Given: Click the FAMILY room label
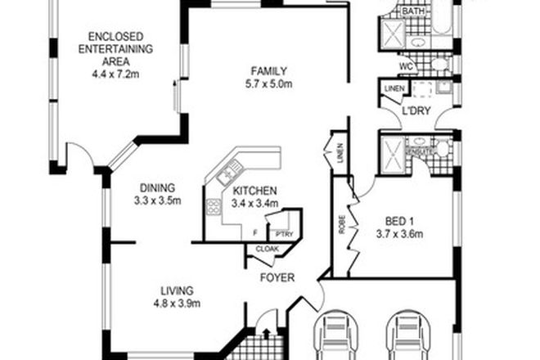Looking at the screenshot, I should [268, 70].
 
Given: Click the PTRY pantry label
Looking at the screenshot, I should [283, 233].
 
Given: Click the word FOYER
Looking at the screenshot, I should [277, 277].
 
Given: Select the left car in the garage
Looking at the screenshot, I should [335, 335].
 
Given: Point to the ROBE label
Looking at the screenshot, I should [340, 226].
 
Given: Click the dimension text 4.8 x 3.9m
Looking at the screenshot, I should [176, 304].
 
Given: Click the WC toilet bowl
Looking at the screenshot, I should [439, 64].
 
